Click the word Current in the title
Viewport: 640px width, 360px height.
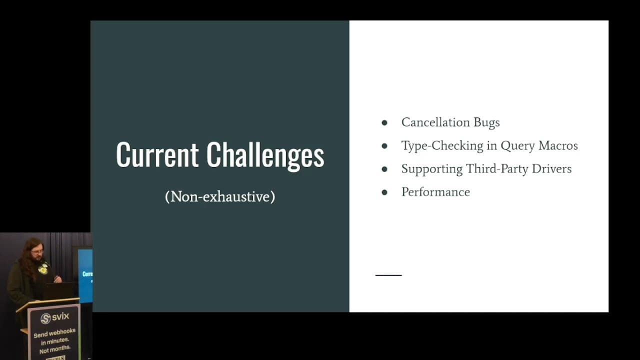click(x=157, y=154)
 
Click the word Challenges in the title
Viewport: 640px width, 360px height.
click(x=265, y=155)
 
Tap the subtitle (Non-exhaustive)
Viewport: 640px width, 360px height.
click(x=220, y=196)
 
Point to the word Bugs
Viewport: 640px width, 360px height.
click(x=487, y=123)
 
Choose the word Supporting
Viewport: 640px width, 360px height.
click(x=431, y=169)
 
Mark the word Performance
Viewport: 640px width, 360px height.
click(x=435, y=192)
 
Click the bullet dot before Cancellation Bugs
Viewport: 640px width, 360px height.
click(x=384, y=122)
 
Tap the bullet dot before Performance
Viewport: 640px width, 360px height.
click(x=384, y=192)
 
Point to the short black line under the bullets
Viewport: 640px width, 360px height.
click(x=388, y=275)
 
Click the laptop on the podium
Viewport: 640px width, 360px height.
click(x=59, y=290)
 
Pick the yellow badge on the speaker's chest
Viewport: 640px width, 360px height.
click(x=43, y=269)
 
